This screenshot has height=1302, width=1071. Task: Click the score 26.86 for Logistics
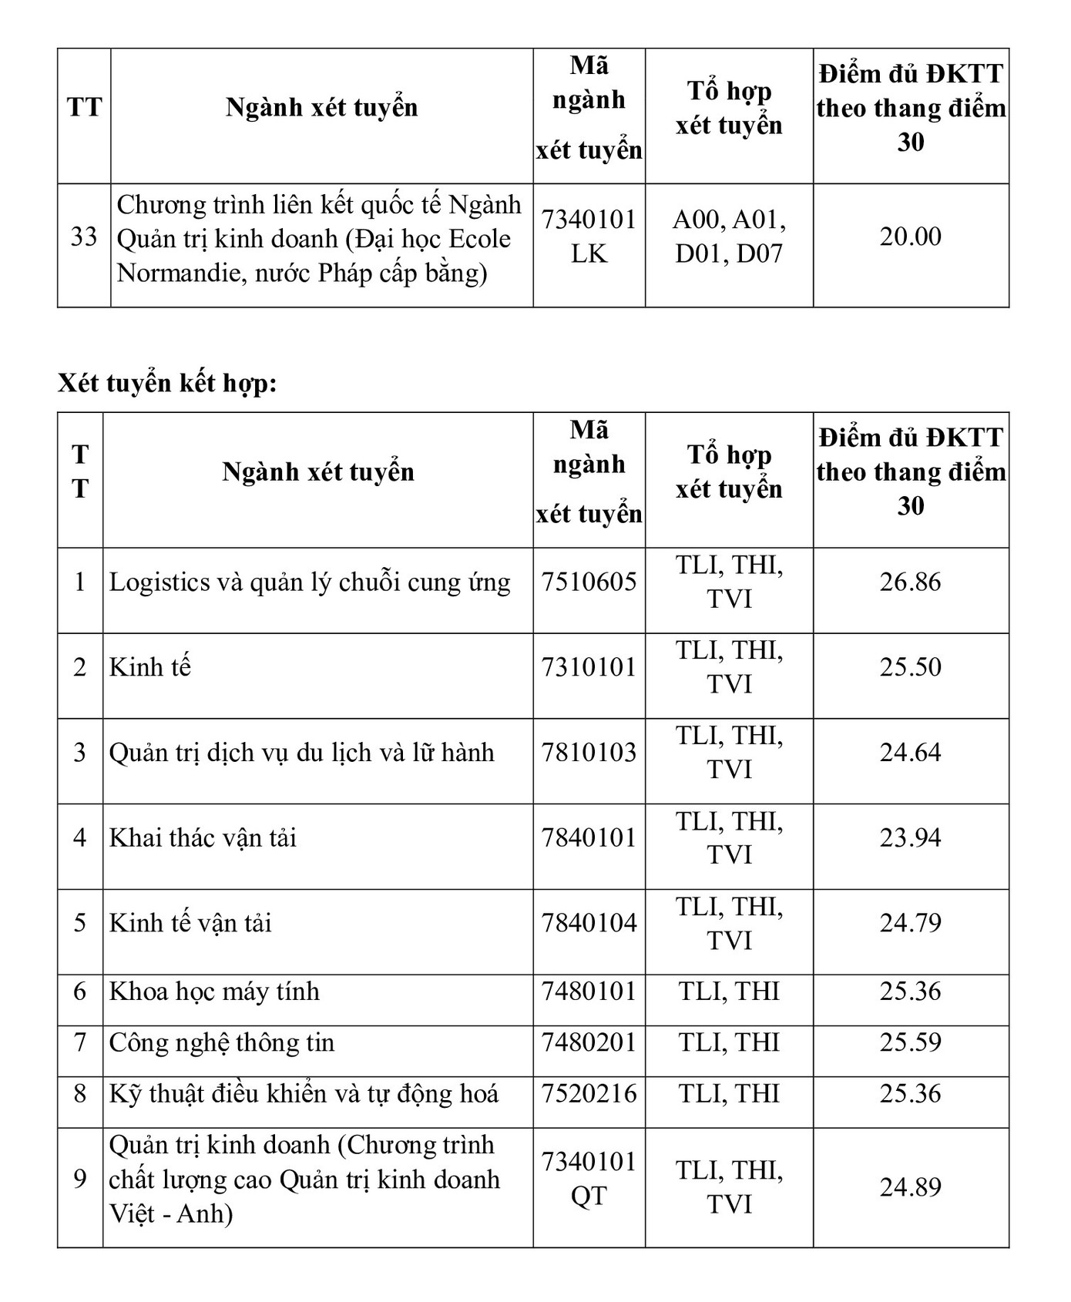coord(910,582)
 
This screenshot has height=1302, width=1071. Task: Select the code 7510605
coord(589,582)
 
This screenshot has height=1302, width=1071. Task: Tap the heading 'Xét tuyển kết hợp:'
coord(167,383)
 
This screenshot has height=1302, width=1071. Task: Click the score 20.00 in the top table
coord(910,237)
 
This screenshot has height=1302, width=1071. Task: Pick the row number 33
coord(84,237)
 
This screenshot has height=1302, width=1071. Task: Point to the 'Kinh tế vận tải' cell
coord(190,923)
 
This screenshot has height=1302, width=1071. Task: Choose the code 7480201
coord(589,1042)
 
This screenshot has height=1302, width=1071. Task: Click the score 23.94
coord(910,837)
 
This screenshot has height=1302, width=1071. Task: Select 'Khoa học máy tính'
coord(214,992)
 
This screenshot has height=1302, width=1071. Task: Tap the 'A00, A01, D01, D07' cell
coord(729,237)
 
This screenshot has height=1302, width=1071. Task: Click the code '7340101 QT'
coord(589,1179)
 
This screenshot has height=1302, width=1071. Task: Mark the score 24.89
coord(910,1186)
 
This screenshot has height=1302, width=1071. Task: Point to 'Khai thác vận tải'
coord(203,837)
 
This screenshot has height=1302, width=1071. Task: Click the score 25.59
coord(910,1042)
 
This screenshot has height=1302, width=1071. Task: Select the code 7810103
coord(589,752)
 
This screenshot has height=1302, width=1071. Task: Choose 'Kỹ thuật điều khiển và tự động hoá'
coord(304,1094)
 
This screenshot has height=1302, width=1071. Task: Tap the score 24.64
coord(910,752)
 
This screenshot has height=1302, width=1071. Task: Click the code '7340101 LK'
coord(589,237)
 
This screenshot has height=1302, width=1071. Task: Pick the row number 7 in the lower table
coord(80,1042)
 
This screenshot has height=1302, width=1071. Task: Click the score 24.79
coord(910,923)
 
